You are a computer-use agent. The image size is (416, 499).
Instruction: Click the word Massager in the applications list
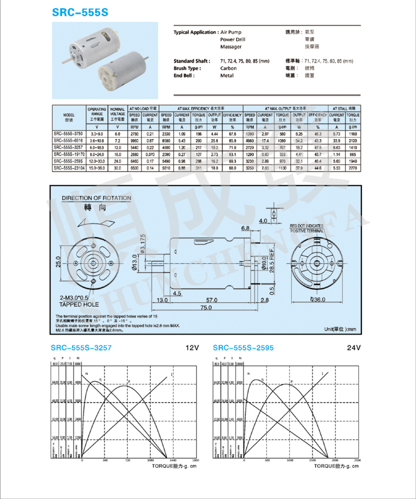[230, 47]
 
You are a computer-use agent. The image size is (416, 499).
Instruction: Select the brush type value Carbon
[228, 68]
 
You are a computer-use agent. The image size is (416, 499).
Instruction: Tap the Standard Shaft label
[192, 61]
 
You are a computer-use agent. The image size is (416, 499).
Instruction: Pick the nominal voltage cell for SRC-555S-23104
[117, 168]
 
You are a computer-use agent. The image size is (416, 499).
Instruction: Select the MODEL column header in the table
[68, 117]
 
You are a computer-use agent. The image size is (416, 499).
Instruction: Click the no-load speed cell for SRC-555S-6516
[133, 141]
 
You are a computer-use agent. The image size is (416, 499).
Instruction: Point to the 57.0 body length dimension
[212, 300]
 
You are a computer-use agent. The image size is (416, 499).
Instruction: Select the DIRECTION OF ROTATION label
[96, 199]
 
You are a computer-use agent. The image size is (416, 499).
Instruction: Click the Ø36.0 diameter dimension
[317, 300]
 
